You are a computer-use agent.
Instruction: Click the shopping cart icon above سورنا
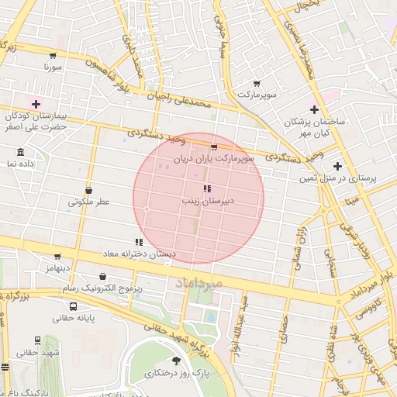click(x=53, y=55)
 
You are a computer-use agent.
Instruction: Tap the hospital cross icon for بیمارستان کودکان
click(x=36, y=103)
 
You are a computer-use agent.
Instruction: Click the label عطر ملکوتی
click(x=88, y=202)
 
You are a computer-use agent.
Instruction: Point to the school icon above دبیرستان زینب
click(x=206, y=188)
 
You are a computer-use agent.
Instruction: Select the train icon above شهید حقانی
click(x=37, y=340)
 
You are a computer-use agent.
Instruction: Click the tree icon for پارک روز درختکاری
click(x=176, y=361)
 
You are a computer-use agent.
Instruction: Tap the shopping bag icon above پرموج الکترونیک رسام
click(x=103, y=276)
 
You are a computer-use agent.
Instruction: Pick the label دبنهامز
click(x=57, y=267)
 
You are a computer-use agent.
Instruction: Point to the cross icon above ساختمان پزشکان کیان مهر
click(x=314, y=109)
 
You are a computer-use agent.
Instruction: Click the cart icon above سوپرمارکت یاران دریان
click(x=214, y=147)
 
